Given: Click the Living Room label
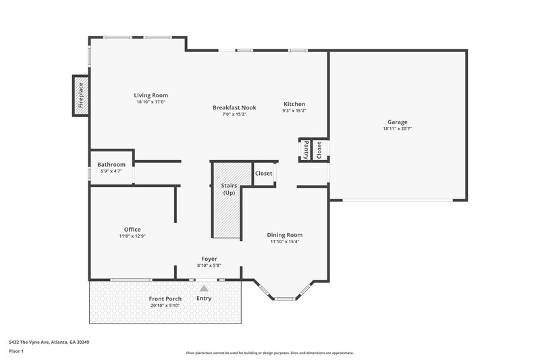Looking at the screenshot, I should pos(151,95).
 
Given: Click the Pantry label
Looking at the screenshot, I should pos(306,149).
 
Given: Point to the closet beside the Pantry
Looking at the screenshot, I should pos(319,149).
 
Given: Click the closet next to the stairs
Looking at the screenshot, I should pos(263,174).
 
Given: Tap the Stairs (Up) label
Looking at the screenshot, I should pos(228,189).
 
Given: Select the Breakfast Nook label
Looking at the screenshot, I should pos(234,107).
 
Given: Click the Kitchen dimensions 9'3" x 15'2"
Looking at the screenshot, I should pos(294,111).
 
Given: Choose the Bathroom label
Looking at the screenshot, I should pos(111,165).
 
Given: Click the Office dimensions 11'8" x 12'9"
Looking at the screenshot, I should pos(132,236).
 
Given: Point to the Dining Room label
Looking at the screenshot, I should pos(284,235).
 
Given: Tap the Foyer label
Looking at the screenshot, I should pos(209,259).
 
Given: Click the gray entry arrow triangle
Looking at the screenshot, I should pos(204,287).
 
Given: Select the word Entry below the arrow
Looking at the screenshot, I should pos(204,298).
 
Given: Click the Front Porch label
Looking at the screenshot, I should pos(165,299).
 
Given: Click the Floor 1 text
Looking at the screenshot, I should pos(16,352).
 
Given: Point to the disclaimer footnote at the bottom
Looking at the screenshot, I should pos(269,353).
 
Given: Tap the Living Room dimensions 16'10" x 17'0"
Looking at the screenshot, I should pos(151,102).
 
